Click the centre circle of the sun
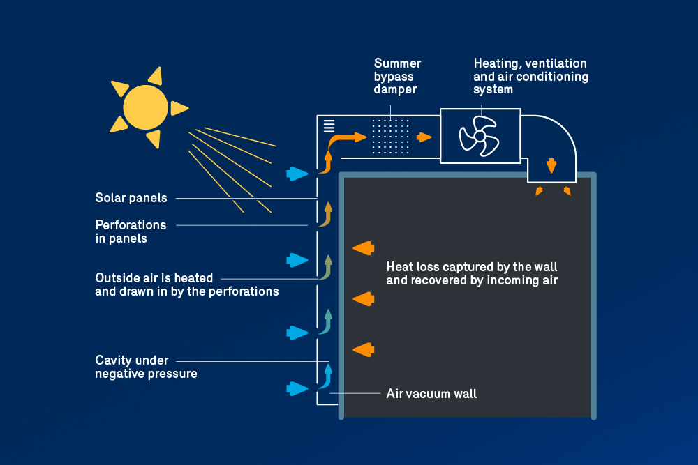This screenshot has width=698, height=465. (x=145, y=107)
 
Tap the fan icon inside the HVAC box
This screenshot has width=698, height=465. (x=479, y=136)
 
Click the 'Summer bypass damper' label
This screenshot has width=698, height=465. (x=397, y=76)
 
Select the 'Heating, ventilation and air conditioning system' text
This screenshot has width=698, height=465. (x=530, y=76)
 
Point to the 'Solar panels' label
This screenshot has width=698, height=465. (x=131, y=198)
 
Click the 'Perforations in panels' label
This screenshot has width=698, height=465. (x=131, y=231)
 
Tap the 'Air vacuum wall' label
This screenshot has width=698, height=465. (x=431, y=394)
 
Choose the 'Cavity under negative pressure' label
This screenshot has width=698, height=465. (x=146, y=367)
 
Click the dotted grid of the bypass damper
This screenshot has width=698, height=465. (x=390, y=136)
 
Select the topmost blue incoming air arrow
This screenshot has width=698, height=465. (x=297, y=174)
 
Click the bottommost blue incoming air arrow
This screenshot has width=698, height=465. (x=297, y=388)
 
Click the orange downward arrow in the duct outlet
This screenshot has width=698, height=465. (x=551, y=166)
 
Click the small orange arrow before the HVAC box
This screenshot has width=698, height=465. (x=424, y=137)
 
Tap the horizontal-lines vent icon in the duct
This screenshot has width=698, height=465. (x=329, y=126)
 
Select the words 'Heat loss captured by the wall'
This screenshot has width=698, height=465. (x=472, y=267)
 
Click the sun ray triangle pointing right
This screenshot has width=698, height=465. (x=180, y=108)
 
